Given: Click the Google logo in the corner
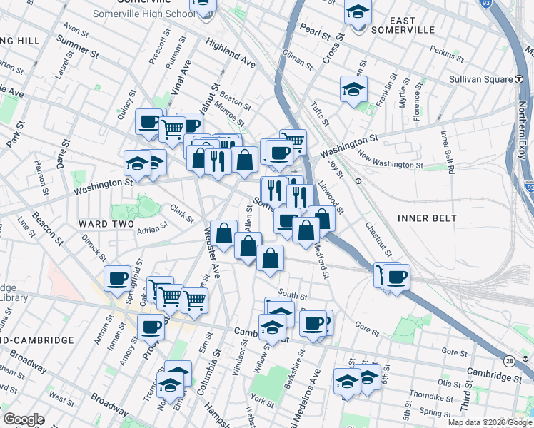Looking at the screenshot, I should point(24,419).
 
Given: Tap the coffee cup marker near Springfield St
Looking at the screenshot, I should point(118,277).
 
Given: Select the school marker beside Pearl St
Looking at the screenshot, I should point(358,12).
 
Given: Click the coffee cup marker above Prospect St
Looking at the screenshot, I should point(151,327).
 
